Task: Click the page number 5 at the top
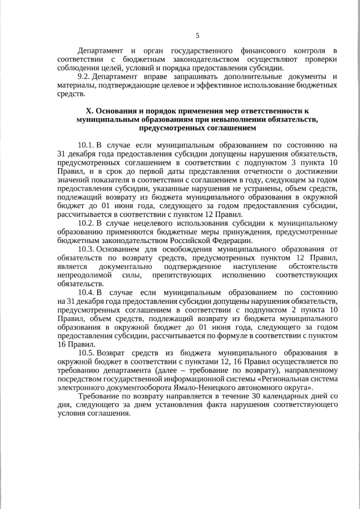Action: [x=197, y=35]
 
